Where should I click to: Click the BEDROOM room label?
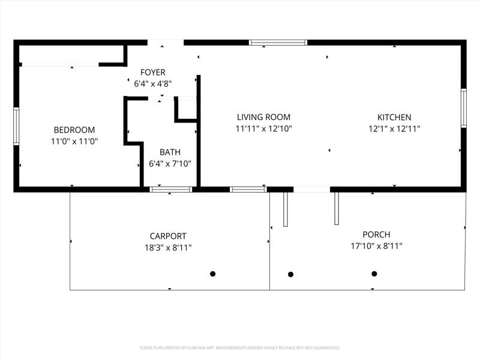(x=74, y=130)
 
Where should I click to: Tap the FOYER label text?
(x=153, y=72)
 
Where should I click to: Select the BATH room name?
(x=170, y=152)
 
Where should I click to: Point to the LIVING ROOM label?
(x=263, y=117)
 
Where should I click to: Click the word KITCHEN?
(x=394, y=117)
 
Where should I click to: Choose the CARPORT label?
(x=168, y=236)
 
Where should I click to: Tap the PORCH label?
(x=377, y=235)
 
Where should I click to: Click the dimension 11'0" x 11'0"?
(x=74, y=142)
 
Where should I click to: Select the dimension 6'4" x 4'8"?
(x=153, y=84)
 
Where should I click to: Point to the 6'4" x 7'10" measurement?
(x=170, y=164)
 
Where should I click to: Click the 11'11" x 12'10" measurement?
(x=263, y=128)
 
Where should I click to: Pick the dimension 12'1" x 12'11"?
(x=394, y=129)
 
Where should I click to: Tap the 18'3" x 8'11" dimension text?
(x=168, y=248)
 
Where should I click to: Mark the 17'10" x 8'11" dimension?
(x=377, y=246)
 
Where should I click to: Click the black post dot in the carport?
(x=213, y=274)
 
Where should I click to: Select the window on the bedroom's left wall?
(x=16, y=126)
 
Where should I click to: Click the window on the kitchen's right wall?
(x=464, y=108)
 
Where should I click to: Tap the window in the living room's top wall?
(x=278, y=43)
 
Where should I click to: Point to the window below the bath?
(x=171, y=190)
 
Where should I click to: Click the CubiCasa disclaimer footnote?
(x=239, y=348)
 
